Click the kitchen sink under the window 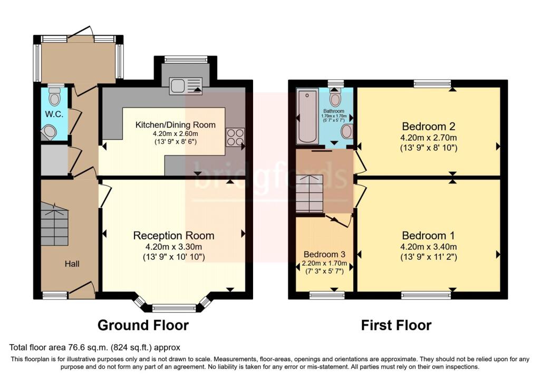point(185,86)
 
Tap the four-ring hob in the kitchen point(235,137)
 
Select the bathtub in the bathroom point(307,117)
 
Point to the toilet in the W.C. point(54,96)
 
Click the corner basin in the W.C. point(49,132)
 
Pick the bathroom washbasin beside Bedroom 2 point(347,131)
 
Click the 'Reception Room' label point(173,236)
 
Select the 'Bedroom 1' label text point(428,236)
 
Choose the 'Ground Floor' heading point(143,325)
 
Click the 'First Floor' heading point(396,325)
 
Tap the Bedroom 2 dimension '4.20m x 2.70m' point(428,138)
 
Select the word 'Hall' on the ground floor point(72,263)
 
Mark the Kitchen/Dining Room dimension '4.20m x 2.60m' point(175,134)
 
